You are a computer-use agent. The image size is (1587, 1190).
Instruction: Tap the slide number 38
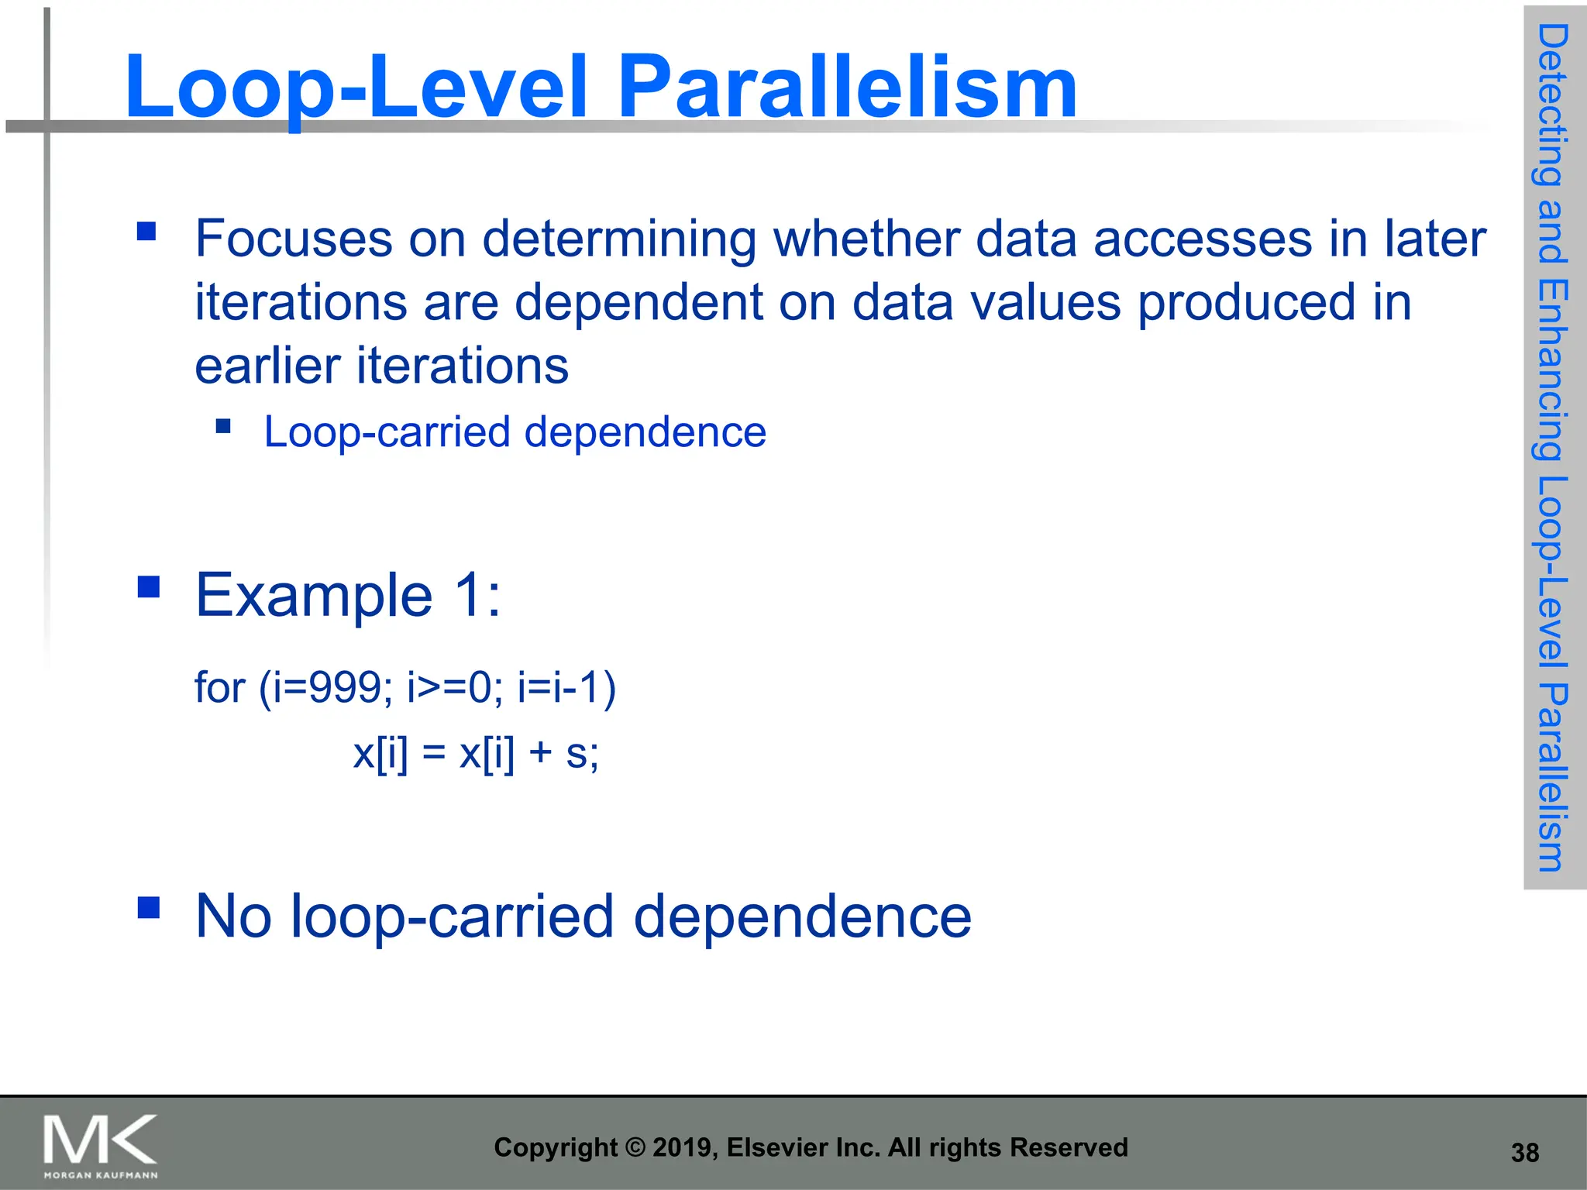coord(1524,1153)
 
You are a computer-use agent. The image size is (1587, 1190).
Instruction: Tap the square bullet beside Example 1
coord(148,586)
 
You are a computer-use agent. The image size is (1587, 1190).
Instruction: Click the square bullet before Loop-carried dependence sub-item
coord(223,425)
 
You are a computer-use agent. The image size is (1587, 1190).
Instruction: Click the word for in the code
coord(219,687)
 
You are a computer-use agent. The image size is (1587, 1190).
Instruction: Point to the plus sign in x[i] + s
coord(540,753)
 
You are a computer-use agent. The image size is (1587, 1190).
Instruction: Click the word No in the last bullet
coord(233,917)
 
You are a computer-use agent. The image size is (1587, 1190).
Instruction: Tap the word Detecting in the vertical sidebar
coord(1553,105)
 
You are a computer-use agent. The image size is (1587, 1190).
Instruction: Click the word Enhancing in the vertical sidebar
coord(1553,370)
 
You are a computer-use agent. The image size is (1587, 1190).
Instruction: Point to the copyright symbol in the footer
coord(635,1147)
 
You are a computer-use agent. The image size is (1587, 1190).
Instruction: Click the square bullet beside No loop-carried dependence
coord(148,907)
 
